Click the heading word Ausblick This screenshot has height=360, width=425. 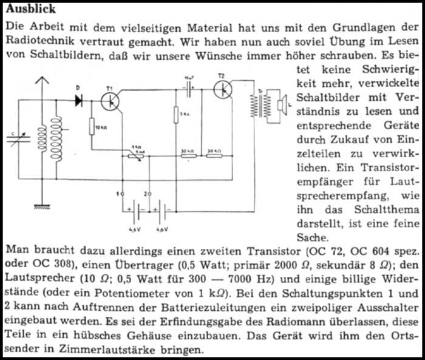[31, 9]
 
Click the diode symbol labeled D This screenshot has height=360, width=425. [79, 101]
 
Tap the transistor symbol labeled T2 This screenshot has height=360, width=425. [225, 89]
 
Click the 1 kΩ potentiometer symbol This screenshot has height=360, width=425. [139, 155]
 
